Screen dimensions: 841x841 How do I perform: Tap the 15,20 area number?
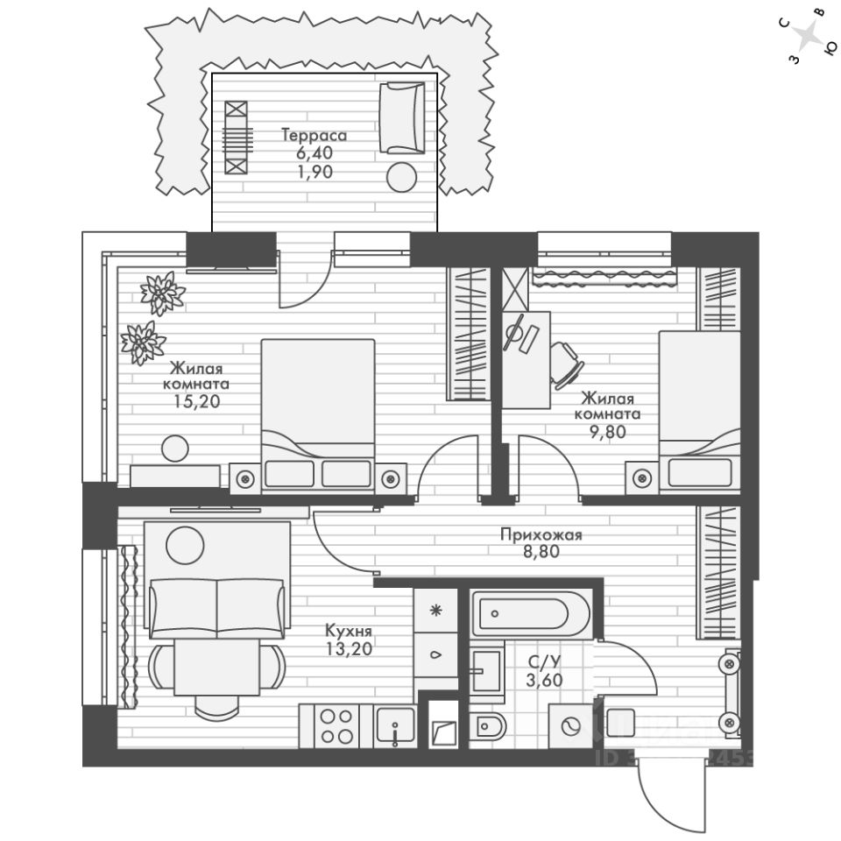pos(196,402)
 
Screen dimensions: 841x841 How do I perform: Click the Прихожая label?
pos(541,534)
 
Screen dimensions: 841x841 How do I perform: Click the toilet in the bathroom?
pos(489,725)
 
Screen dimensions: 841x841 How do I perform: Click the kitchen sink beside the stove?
pos(396,725)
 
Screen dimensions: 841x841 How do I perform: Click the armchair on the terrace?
pos(400,117)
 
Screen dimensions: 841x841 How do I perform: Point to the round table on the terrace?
pos(402,177)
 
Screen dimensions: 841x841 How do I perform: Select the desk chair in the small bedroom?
pos(567,363)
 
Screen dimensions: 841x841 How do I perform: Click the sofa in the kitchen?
pos(217,606)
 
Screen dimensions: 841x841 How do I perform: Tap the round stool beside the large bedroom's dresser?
pos(174,449)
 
